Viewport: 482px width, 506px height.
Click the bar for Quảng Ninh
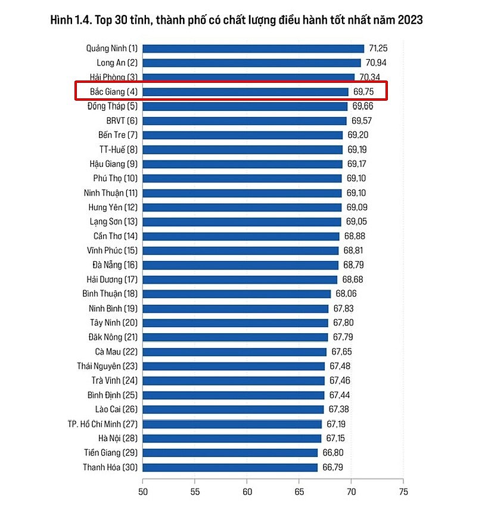(x=253, y=48)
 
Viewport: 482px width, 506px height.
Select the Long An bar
(x=251, y=63)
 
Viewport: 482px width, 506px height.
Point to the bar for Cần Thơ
(x=241, y=236)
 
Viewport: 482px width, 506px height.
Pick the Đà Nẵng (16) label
(x=115, y=265)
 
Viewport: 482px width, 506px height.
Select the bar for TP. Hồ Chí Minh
(x=232, y=424)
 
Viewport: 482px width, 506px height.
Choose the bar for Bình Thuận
(x=237, y=294)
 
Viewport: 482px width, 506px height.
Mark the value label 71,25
(x=378, y=48)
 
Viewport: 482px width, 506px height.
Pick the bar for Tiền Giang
(x=230, y=453)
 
